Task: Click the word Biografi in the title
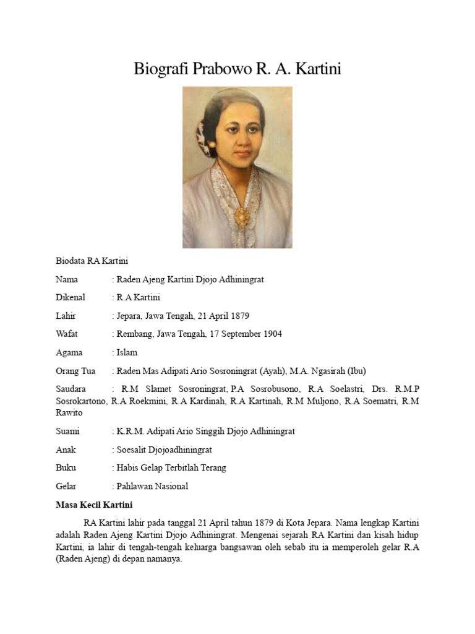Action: (161, 69)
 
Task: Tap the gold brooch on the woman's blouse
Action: (242, 216)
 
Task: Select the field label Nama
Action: (67, 280)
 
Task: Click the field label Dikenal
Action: (70, 298)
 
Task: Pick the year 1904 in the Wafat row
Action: (271, 334)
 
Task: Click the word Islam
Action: (127, 352)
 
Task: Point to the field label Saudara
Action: (71, 389)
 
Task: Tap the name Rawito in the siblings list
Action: (69, 412)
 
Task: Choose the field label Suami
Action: (67, 431)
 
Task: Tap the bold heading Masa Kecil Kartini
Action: (94, 504)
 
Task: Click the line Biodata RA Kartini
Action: (92, 261)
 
